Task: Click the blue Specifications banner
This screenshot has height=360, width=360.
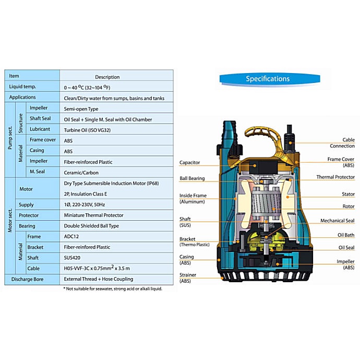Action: [x=270, y=79]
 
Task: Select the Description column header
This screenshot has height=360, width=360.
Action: [x=107, y=77]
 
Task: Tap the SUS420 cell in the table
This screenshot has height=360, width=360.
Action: [x=72, y=258]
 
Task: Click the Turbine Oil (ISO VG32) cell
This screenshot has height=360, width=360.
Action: [x=87, y=130]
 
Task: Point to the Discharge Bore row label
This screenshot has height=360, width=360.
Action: [x=27, y=280]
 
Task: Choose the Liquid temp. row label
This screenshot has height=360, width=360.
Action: [x=22, y=87]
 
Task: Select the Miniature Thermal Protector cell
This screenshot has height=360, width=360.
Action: [x=94, y=215]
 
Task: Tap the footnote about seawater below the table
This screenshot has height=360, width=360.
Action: [x=113, y=289]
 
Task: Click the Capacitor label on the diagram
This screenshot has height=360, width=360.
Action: [x=189, y=163]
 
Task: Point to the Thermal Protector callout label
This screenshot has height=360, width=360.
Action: [x=335, y=177]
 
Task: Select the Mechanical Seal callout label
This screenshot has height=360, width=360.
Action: [x=338, y=221]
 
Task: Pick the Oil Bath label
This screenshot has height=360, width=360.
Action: [x=346, y=235]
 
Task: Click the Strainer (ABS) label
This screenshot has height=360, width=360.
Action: [x=188, y=278]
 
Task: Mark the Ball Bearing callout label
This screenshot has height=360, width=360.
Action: [x=192, y=178]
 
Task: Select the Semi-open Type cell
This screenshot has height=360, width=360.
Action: [x=81, y=109]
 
